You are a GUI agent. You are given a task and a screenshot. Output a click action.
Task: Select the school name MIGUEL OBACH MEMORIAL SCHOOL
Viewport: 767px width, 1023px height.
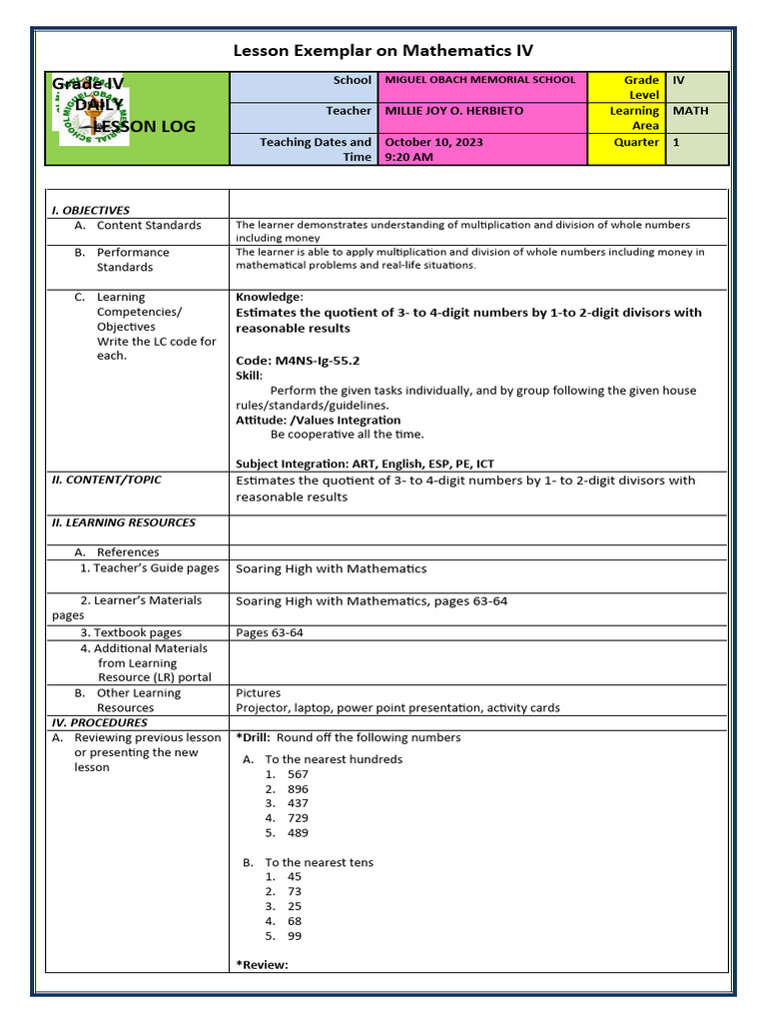(479, 80)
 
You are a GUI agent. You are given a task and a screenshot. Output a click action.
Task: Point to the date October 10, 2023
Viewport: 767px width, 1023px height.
(433, 142)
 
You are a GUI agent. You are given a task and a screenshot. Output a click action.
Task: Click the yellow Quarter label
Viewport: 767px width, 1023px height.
(636, 142)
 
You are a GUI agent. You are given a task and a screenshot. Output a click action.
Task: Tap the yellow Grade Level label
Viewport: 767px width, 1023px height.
(640, 87)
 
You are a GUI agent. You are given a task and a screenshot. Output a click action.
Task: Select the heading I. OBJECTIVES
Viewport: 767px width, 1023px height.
(91, 211)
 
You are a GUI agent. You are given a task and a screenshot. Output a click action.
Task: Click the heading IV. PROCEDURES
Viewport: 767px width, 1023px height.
(99, 722)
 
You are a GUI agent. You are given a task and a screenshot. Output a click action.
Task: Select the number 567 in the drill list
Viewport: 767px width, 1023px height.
(298, 774)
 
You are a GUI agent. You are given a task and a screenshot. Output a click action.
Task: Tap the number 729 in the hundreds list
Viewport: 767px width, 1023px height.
(298, 818)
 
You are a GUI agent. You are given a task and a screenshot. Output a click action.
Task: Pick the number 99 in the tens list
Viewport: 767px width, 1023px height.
(294, 936)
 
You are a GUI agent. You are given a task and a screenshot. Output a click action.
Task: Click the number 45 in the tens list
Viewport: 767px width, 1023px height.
(294, 876)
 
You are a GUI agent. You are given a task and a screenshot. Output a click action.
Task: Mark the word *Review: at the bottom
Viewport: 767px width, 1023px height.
(262, 964)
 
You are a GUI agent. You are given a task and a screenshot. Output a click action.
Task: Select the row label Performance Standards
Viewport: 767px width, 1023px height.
(132, 260)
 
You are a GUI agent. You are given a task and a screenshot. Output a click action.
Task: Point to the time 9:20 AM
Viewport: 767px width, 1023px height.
(409, 157)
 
